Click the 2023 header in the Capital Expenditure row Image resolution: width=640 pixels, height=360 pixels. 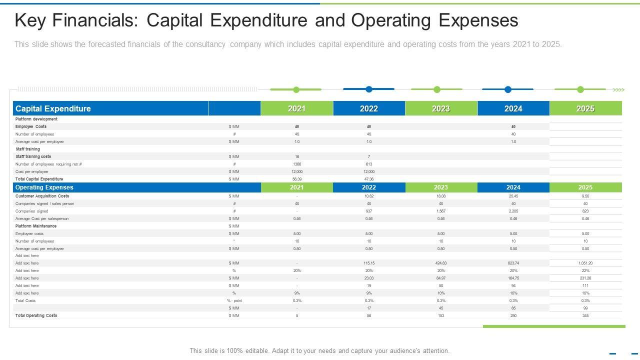click(441, 108)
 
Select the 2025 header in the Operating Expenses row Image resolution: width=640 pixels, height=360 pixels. click(585, 187)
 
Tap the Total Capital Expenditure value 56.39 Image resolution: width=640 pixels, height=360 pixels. click(297, 179)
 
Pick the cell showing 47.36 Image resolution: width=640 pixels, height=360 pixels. click(369, 179)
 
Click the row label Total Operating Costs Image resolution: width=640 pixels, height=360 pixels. click(36, 315)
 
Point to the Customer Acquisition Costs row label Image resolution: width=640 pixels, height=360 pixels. click(42, 196)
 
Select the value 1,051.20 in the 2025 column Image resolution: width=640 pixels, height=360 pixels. click(585, 263)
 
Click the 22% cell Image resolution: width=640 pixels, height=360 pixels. click(585, 270)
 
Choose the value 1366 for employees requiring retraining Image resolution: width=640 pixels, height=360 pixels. click(297, 164)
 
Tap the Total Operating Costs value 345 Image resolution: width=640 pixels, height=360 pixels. click(585, 315)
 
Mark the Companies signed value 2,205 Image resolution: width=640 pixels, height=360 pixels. click(513, 211)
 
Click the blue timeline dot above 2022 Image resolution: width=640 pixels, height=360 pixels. click(369, 89)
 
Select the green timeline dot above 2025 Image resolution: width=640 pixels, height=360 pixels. click(580, 89)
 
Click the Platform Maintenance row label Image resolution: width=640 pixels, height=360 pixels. click(36, 226)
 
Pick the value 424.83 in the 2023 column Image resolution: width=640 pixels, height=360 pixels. click(441, 263)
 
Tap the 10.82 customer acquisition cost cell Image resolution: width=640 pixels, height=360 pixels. click(369, 196)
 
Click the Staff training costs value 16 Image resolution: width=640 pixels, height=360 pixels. click(297, 156)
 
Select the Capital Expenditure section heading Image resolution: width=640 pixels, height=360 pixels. click(53, 108)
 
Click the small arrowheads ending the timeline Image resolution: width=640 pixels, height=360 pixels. click(619, 90)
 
